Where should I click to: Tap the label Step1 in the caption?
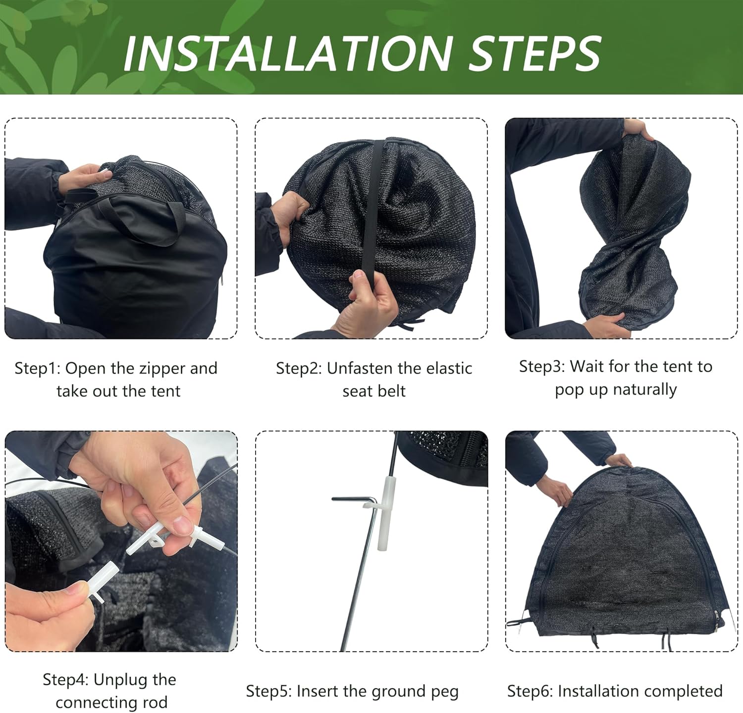[37, 369]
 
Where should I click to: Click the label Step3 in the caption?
[541, 367]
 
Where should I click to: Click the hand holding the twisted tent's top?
[639, 129]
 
